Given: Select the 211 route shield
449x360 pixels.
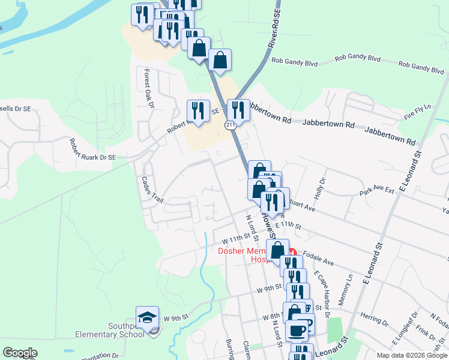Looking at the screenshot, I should [x=231, y=124].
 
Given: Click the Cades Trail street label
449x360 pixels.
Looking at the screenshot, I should [x=152, y=189].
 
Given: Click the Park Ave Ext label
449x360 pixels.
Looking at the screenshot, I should [x=376, y=191].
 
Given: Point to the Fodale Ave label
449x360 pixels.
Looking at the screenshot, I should [x=318, y=259].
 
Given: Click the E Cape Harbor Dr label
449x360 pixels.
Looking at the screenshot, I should [x=322, y=293].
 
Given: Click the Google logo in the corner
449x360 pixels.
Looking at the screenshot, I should [x=20, y=353].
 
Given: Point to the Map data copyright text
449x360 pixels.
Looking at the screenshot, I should [x=411, y=355].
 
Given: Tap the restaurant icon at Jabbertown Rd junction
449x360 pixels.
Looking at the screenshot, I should [x=238, y=110].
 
